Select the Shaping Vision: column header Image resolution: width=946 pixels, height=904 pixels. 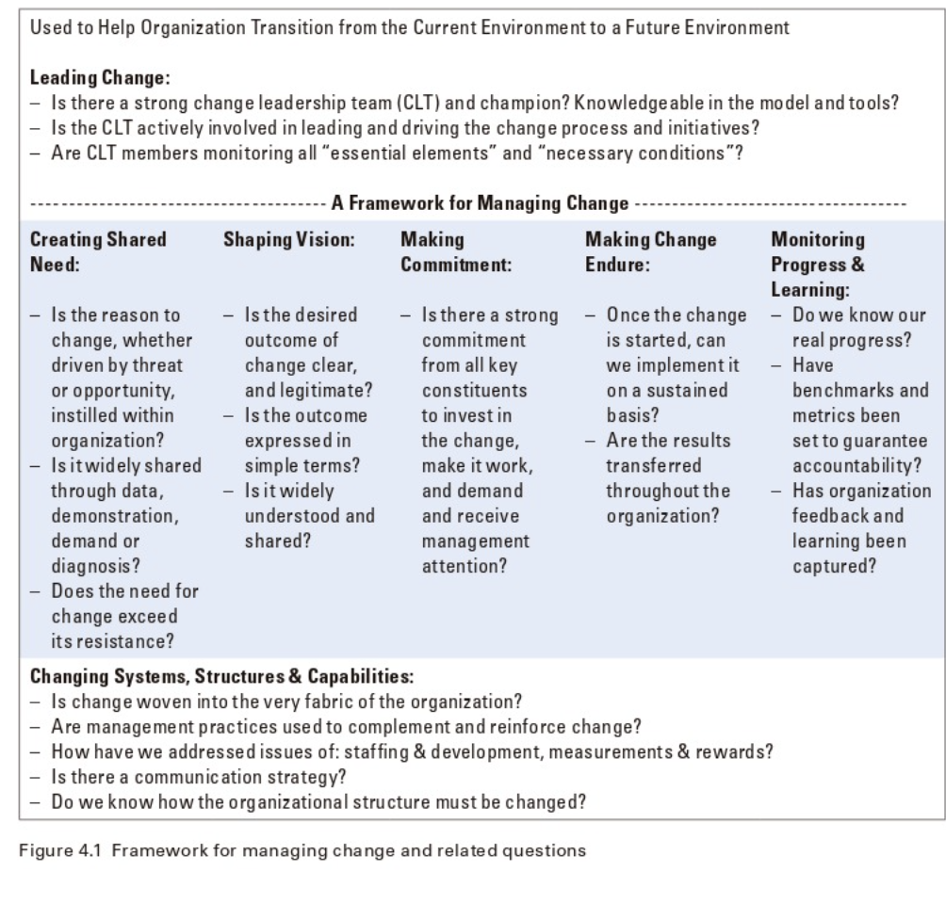point(288,240)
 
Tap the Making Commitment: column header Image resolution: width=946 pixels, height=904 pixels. point(456,252)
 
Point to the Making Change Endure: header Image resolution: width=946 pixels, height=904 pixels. point(650,252)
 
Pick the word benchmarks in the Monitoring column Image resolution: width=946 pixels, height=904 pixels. point(861,389)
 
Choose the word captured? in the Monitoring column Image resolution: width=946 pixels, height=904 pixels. point(833,566)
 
